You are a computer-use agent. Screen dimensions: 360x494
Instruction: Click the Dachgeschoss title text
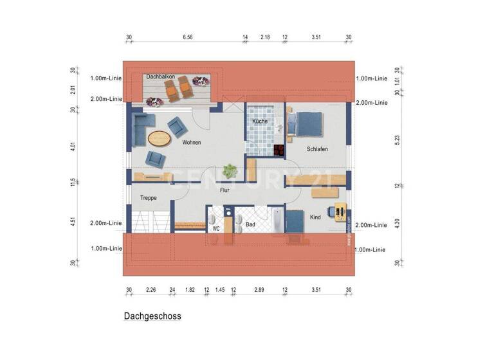click(x=152, y=316)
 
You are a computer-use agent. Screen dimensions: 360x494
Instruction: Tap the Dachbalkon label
click(x=161, y=76)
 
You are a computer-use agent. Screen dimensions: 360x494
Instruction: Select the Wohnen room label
click(x=192, y=142)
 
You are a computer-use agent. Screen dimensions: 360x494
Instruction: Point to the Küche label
click(x=260, y=121)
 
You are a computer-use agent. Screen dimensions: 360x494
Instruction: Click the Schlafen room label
click(x=317, y=149)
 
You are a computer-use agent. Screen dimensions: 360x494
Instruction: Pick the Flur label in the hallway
click(x=225, y=190)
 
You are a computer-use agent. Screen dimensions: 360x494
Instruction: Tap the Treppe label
click(x=149, y=198)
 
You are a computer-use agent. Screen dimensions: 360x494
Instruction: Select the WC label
click(x=216, y=228)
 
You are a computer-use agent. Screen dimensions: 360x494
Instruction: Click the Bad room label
click(x=250, y=224)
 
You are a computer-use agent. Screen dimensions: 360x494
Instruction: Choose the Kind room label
click(x=315, y=218)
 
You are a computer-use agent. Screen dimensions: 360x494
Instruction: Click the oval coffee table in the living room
click(x=159, y=138)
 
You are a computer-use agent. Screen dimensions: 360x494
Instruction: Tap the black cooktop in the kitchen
click(x=279, y=151)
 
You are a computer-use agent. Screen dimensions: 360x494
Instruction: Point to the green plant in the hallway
click(x=228, y=171)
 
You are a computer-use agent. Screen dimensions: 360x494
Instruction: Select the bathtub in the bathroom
click(x=277, y=221)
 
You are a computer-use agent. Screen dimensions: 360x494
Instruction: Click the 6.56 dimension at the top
click(x=188, y=38)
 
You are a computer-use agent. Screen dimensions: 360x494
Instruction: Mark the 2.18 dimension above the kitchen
click(x=265, y=38)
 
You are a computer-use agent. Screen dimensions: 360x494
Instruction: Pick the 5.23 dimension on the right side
click(x=397, y=137)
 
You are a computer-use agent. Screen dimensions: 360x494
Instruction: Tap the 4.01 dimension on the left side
click(x=73, y=146)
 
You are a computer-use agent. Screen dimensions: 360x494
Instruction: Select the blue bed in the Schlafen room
click(x=307, y=123)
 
